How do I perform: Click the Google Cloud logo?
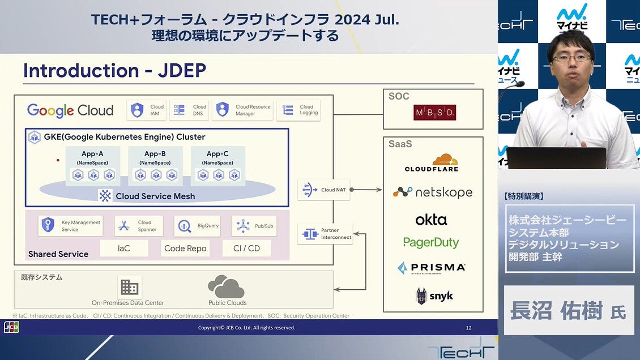(70, 110)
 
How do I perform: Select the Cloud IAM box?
(147, 110)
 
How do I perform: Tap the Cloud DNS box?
(189, 110)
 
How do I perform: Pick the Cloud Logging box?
(298, 110)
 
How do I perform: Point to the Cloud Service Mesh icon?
(105, 196)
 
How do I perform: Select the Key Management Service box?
(71, 226)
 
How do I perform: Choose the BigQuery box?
(197, 226)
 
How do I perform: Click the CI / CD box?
(246, 248)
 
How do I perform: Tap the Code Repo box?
(185, 248)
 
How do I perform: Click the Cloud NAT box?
(324, 190)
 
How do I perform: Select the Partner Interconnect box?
(325, 234)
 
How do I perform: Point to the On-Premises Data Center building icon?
(129, 287)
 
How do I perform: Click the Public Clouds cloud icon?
(226, 286)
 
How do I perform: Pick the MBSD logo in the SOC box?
(434, 112)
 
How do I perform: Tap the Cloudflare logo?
(432, 163)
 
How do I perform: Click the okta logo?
(431, 220)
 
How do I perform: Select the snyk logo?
(434, 295)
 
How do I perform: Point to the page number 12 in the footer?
(468, 328)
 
